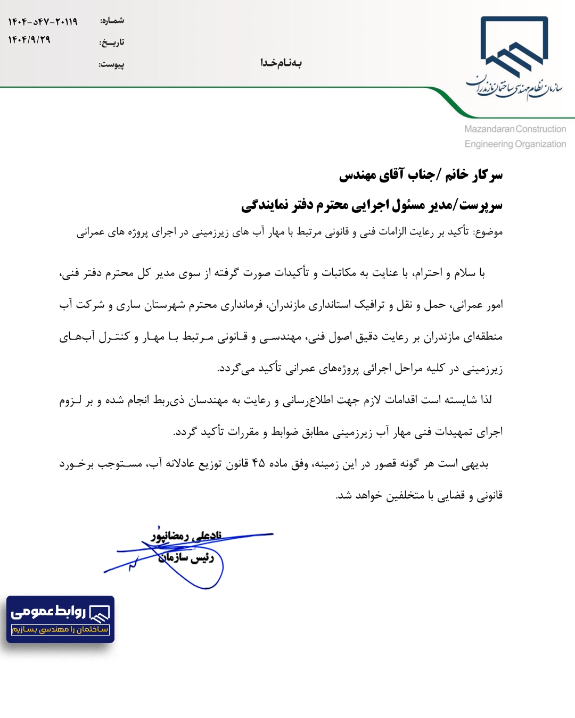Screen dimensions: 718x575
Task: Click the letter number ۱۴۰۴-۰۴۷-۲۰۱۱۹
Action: [43, 22]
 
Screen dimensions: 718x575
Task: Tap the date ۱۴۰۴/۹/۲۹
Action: [29, 40]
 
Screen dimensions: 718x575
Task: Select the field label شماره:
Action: [112, 21]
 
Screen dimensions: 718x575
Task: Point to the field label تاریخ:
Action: [112, 43]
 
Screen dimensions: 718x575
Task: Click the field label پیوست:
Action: [111, 64]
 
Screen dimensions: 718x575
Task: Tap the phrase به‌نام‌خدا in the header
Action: [281, 63]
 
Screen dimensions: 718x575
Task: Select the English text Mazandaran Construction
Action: [515, 129]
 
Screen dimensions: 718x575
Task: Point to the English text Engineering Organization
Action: [515, 144]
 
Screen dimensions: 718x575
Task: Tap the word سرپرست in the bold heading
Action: [481, 205]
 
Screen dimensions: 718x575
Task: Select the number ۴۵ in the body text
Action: [258, 463]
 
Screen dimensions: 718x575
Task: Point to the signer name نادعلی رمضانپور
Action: [186, 536]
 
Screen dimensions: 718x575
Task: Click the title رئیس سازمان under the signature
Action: [186, 557]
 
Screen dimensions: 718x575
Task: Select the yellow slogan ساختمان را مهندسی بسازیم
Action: [60, 630]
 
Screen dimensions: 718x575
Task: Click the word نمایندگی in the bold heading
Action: [262, 205]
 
